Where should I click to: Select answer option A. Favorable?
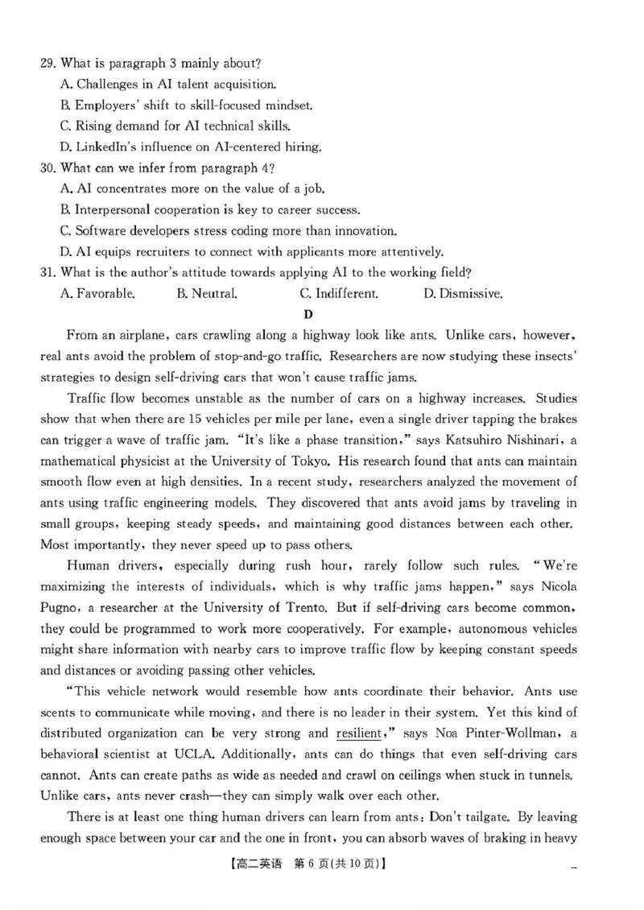click(97, 293)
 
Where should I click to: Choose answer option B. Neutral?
click(206, 293)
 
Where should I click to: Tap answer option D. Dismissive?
click(463, 293)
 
